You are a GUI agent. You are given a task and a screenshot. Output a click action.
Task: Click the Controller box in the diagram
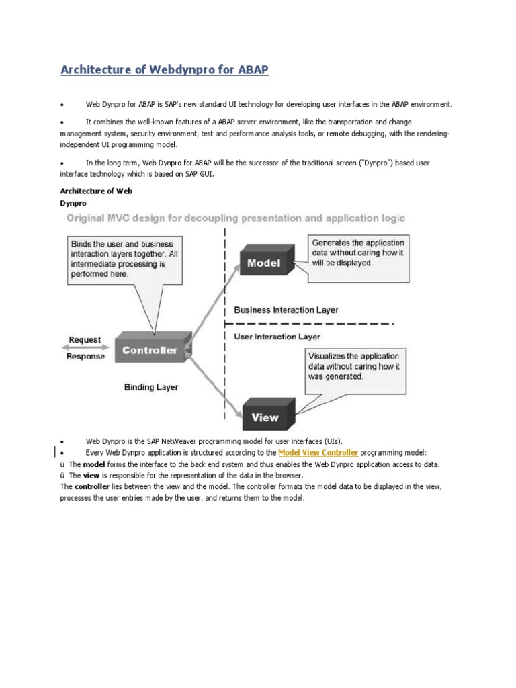tap(150, 350)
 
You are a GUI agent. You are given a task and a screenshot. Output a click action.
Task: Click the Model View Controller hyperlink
tap(318, 453)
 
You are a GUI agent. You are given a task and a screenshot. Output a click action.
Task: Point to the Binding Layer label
tap(151, 387)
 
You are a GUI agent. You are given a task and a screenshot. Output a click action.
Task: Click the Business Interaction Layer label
tap(286, 310)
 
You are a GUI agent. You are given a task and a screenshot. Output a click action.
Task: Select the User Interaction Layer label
tap(277, 336)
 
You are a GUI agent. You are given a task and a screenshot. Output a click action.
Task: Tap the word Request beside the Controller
tap(85, 340)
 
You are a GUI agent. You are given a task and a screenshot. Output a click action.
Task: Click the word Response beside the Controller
tap(85, 357)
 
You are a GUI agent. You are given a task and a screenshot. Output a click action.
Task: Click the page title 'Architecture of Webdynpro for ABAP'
tap(165, 70)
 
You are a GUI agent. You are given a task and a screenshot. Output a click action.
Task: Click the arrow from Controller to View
tap(212, 383)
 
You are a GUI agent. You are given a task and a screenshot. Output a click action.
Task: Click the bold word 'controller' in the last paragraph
tap(92, 486)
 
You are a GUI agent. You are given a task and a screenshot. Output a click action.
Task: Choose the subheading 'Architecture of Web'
tap(96, 191)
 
